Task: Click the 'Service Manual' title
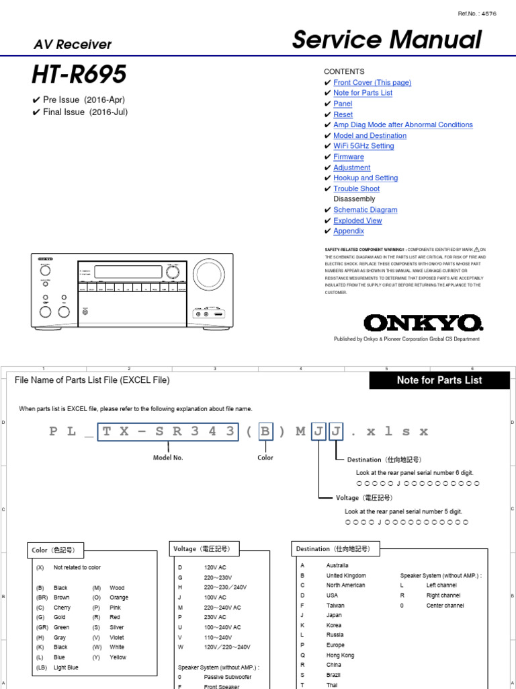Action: (386, 40)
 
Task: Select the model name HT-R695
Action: (79, 74)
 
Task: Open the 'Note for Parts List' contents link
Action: (363, 93)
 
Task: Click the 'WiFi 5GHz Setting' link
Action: (363, 146)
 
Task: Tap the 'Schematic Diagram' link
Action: (365, 210)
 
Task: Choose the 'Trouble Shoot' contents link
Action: (356, 189)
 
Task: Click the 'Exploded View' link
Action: (357, 221)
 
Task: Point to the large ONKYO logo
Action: (423, 323)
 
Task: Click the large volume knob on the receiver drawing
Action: (209, 274)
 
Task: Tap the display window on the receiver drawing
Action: (131, 272)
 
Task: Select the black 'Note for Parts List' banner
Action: (439, 380)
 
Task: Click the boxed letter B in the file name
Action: (266, 431)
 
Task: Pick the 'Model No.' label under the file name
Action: (168, 458)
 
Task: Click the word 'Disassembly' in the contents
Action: (354, 199)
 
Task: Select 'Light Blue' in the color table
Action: (66, 667)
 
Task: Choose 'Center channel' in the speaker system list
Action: (445, 606)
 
